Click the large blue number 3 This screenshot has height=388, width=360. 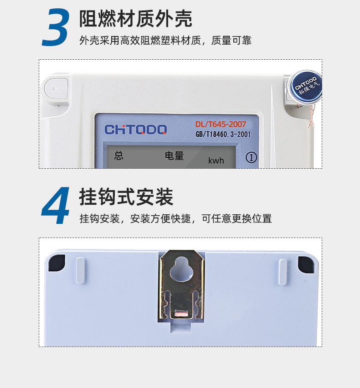coord(56,27)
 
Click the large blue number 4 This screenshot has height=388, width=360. coord(56,205)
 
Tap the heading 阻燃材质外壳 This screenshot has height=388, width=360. coord(135,19)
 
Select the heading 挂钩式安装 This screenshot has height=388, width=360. coord(126,197)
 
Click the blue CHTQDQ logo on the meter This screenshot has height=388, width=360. coord(136,129)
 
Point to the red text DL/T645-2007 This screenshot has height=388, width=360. coord(221,124)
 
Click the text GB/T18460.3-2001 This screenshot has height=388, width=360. coord(223,135)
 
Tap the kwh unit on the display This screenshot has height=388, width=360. coord(216,160)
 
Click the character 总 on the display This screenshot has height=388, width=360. coord(118,155)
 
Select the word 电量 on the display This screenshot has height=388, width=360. coord(175,156)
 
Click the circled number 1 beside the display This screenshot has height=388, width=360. coord(251,157)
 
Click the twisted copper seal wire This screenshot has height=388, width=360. coord(312,116)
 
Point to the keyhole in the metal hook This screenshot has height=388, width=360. coord(181,269)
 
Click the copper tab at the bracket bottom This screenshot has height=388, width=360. coord(182,314)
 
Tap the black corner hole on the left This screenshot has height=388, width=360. coord(57,263)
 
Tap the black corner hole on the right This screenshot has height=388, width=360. coord(306,264)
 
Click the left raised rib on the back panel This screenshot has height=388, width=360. coord(80,270)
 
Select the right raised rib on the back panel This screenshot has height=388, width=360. coord(283,272)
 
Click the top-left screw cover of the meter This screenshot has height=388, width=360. coord(56,89)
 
